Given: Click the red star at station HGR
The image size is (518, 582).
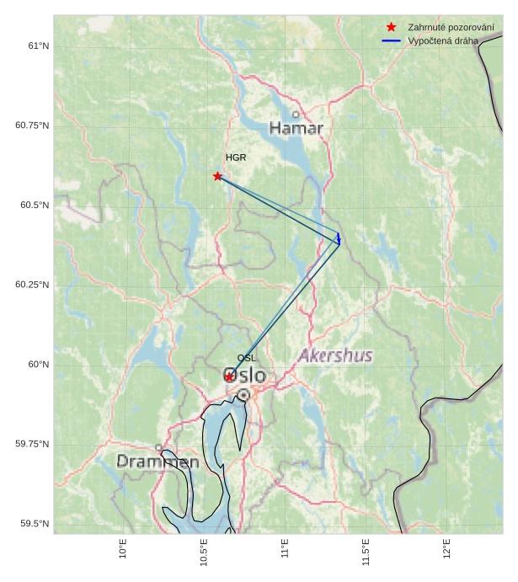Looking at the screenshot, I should point(218,176).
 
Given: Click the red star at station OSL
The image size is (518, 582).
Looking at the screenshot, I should point(229,376).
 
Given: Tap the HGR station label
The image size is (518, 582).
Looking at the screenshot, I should point(236,158).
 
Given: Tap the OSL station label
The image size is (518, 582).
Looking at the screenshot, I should point(246,358).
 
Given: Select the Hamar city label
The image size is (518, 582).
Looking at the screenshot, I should point(296,129).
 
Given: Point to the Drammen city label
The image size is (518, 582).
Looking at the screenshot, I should point(158,462).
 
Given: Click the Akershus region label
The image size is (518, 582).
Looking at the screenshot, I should point(334,355).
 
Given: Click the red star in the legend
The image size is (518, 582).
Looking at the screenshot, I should point(391,27).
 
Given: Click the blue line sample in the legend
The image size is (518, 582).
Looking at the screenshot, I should point(391,40).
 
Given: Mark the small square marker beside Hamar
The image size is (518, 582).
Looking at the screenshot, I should point(296,115).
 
